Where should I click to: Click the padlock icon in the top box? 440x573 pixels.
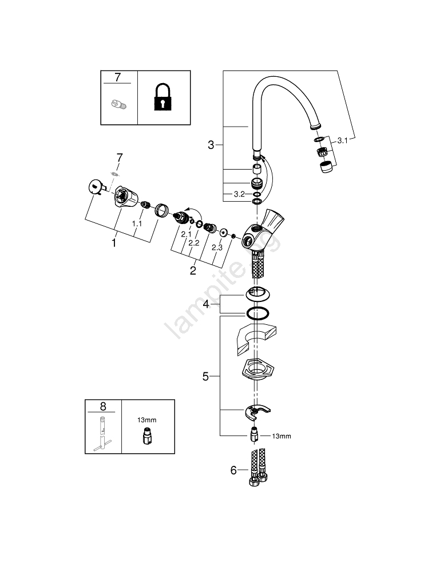pos(164,97)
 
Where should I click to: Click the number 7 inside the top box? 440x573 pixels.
pos(118,77)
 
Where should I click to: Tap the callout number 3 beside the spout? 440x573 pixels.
pos(211,146)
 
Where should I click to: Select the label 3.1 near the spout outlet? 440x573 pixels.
pos(343,140)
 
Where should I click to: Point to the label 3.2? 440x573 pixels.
pos(240,195)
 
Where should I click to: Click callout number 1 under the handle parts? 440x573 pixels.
pos(114,244)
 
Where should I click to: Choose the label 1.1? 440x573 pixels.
pos(137,223)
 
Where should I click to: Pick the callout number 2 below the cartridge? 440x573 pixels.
pos(193,270)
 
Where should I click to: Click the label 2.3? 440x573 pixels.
pos(217,248)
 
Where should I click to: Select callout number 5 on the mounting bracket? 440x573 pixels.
pos(206,376)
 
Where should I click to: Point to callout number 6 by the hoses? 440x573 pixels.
pos(233,470)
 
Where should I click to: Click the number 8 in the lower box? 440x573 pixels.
pos(103,406)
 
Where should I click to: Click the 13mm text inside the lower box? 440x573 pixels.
pos(146,420)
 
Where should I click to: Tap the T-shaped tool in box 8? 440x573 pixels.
pos(104,432)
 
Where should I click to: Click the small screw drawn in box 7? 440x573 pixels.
pos(118,104)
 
